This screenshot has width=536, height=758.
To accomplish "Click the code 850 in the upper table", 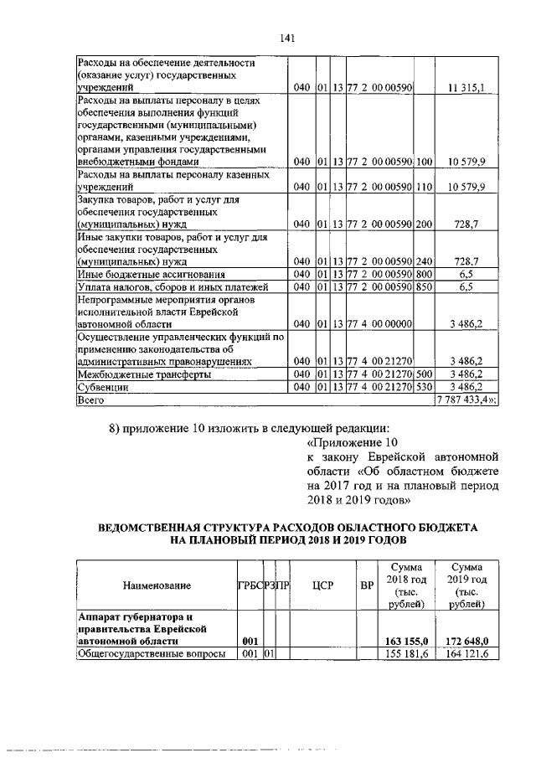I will pos(424,287).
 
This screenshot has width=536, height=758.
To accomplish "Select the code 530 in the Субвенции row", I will pos(424,388).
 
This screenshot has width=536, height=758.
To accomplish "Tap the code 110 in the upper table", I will pos(424,187).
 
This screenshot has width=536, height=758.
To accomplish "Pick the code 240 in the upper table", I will pos(424,260).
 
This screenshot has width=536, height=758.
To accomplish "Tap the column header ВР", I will pos(366,585).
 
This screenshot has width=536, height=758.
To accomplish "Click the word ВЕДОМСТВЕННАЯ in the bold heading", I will pos(151,529).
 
